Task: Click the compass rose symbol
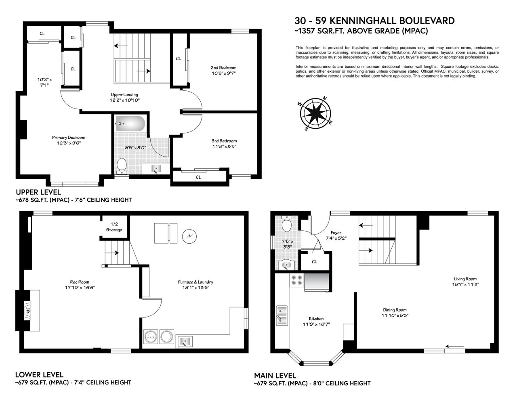click(315, 113)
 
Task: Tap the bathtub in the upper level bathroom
click(130, 123)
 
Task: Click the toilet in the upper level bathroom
click(122, 166)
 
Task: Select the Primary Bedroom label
click(69, 137)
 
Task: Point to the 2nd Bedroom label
click(223, 68)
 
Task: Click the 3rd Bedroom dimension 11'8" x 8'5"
click(224, 146)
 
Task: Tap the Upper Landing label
click(124, 94)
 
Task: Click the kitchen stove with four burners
click(297, 280)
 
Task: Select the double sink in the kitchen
click(282, 315)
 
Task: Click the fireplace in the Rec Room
click(28, 310)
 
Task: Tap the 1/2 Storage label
click(114, 227)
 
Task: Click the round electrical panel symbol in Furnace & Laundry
click(189, 236)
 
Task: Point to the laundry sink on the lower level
click(184, 342)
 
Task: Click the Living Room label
click(465, 279)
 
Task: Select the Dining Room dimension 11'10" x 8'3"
click(395, 315)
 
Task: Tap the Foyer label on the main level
click(336, 233)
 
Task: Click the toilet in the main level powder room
click(286, 224)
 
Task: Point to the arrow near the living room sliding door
click(454, 346)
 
